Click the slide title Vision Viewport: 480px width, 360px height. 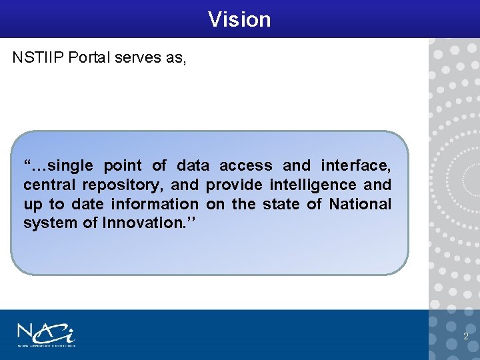pyautogui.click(x=239, y=19)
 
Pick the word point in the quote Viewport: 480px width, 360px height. pyautogui.click(x=123, y=165)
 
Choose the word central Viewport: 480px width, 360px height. pyautogui.click(x=49, y=185)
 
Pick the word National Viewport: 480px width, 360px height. pyautogui.click(x=360, y=204)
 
